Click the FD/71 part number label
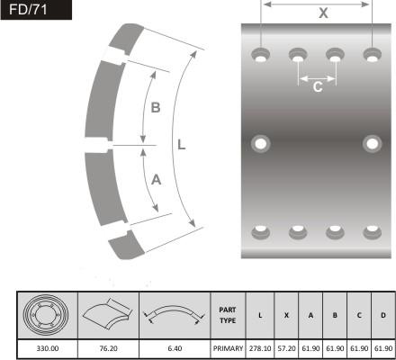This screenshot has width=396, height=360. [x=28, y=10]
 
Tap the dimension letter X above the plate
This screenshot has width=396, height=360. [x=323, y=13]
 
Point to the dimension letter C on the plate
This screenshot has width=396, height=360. [x=318, y=87]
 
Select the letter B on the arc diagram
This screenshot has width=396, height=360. [x=156, y=108]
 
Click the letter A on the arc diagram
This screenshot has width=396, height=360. [x=156, y=180]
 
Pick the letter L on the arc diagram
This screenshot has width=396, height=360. [x=182, y=145]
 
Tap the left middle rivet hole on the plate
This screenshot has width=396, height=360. [x=260, y=144]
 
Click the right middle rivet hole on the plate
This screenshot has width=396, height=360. [x=372, y=144]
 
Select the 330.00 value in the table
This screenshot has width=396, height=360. [x=48, y=348]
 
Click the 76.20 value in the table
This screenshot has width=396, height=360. [x=108, y=348]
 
